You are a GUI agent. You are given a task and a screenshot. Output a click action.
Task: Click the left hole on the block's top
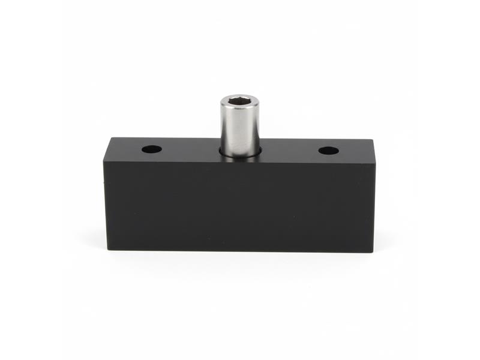[152, 148]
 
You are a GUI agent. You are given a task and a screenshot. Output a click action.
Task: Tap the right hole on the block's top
[328, 150]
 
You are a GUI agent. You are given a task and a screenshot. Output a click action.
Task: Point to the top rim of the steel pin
[239, 97]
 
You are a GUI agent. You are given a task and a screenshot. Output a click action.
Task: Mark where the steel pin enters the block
[240, 154]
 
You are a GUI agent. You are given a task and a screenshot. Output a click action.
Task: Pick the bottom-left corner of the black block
[108, 248]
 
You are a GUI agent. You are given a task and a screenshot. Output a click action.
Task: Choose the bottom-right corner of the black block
[373, 251]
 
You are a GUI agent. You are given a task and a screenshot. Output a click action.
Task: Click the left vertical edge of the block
[105, 204]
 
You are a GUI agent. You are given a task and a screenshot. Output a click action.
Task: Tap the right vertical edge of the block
[374, 207]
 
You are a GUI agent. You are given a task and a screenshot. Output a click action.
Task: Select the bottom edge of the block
[240, 250]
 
